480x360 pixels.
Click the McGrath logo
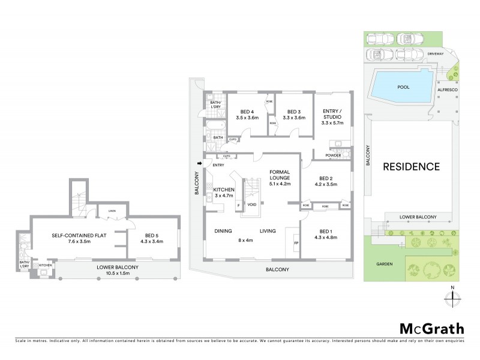430,328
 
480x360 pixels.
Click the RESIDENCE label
412,167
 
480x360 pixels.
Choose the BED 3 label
293,115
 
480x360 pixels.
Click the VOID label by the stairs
252,205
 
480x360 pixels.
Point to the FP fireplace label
295,243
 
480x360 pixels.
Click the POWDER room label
334,155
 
